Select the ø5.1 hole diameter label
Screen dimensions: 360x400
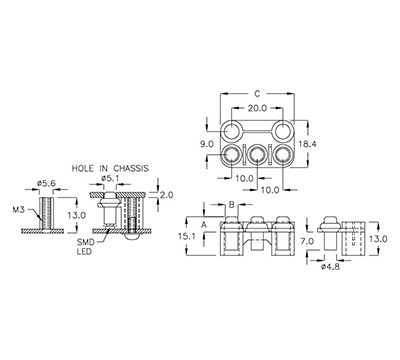pyautogui.click(x=111, y=180)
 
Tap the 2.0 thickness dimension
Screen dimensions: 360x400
pyautogui.click(x=166, y=196)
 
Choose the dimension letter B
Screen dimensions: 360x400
pyautogui.click(x=232, y=204)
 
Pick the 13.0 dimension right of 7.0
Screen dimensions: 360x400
pyautogui.click(x=378, y=239)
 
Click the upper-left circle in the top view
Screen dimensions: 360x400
pyautogui.click(x=231, y=132)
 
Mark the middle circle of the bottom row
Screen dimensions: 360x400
pyautogui.click(x=259, y=156)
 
